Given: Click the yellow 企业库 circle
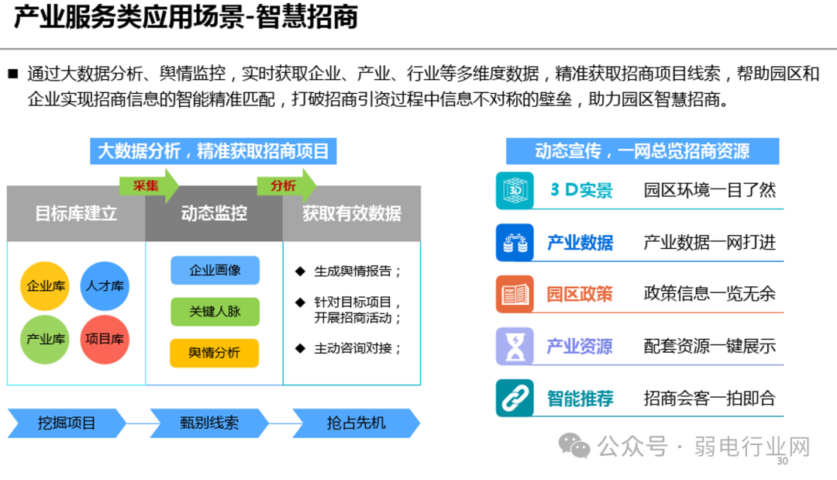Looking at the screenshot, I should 45,286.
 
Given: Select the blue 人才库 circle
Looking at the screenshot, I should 105,286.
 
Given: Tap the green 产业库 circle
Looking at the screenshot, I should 45,339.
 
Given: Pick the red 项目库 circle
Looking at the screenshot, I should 105,339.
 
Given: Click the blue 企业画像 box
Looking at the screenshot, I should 215,271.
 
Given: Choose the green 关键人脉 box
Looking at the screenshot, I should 215,311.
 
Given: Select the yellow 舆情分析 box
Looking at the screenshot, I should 215,353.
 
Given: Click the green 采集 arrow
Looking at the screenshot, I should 148,186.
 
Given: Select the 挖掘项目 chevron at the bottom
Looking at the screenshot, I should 67,423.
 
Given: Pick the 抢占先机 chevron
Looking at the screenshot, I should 356,423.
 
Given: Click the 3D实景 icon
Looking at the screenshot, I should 515,190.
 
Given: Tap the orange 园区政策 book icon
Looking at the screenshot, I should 515,294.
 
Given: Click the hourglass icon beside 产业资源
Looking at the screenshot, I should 515,346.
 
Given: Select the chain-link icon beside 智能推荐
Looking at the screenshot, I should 515,399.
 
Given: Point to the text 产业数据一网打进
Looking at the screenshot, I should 709,243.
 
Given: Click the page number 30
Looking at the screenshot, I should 781,461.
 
